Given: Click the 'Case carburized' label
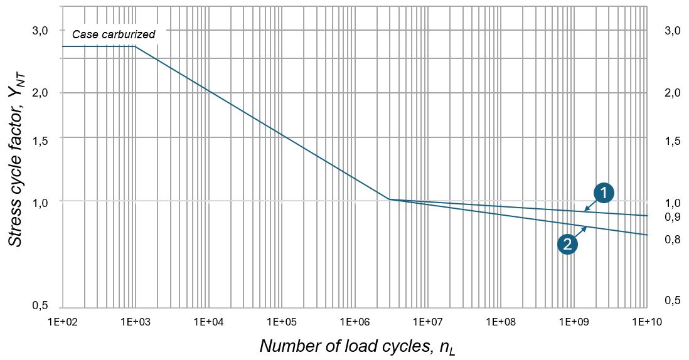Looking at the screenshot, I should point(114,34).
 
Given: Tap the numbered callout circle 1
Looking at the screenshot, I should point(604,194).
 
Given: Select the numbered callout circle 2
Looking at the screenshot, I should point(567,245).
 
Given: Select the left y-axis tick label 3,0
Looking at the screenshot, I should point(39,31).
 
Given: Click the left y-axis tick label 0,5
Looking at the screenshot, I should point(39,305).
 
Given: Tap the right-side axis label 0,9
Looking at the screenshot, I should point(673,217).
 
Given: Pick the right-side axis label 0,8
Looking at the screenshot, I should point(673,239).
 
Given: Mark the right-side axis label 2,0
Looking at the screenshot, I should point(673,93).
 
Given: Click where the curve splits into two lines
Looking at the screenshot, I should point(390,199).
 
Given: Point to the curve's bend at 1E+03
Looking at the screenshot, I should point(136,46).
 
